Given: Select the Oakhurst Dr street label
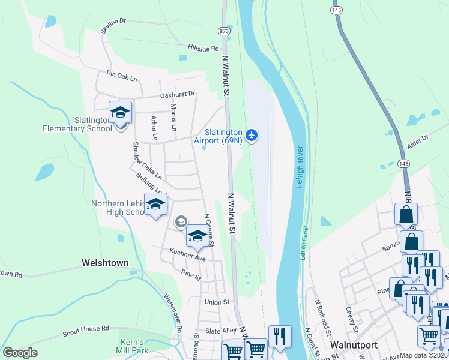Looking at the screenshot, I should (x=178, y=94).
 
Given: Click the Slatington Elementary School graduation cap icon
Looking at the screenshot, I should (x=120, y=112).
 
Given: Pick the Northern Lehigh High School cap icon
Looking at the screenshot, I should (x=155, y=205).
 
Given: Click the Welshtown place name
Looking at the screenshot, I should (x=106, y=263).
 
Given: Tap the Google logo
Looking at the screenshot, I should (x=20, y=352).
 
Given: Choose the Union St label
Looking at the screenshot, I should (x=217, y=302).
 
